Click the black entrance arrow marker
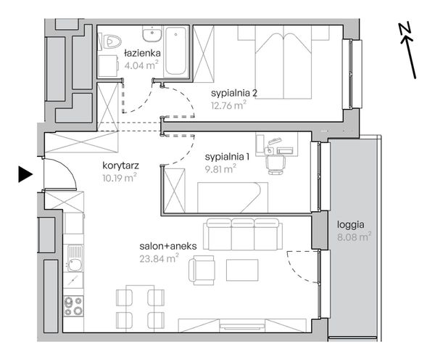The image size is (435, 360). (x=25, y=174)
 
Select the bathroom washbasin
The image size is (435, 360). (x=152, y=34)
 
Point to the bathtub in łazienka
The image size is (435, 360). (x=176, y=51)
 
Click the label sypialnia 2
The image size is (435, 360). (x=234, y=93)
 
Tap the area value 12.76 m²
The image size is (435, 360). (x=228, y=105)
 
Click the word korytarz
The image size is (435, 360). (x=120, y=165)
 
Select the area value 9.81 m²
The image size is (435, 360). (x=220, y=169)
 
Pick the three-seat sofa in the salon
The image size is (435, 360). (x=243, y=234)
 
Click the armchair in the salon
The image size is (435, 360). (x=202, y=270)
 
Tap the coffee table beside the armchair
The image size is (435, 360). (x=242, y=270)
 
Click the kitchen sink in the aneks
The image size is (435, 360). (x=75, y=259)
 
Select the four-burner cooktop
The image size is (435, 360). (x=73, y=306)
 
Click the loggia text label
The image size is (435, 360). (x=351, y=225)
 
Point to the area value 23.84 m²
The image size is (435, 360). (x=159, y=259)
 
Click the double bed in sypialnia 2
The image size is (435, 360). (x=283, y=62)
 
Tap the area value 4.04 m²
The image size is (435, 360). (x=141, y=65)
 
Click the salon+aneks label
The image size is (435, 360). (x=168, y=246)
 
